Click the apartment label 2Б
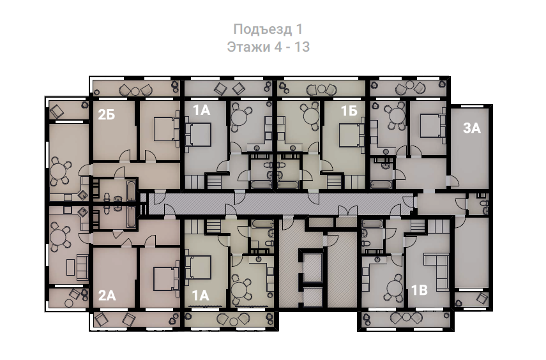pyautogui.click(x=107, y=114)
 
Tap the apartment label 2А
pyautogui.click(x=107, y=296)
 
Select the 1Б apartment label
pyautogui.click(x=349, y=110)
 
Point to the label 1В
pyautogui.click(x=420, y=290)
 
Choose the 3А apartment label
pyautogui.click(x=472, y=128)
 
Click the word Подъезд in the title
pyautogui.click(x=262, y=29)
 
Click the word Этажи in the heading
pyautogui.click(x=248, y=47)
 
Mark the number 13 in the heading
pyautogui.click(x=302, y=47)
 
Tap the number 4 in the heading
pyautogui.click(x=278, y=47)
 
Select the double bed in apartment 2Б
pyautogui.click(x=167, y=129)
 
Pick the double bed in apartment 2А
pyautogui.click(x=167, y=278)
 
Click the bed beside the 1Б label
pyautogui.click(x=350, y=135)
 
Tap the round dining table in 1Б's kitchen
pyautogui.click(x=311, y=116)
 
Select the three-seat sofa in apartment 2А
pyautogui.click(x=82, y=267)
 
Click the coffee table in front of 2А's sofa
pyautogui.click(x=70, y=267)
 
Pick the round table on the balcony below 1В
pyautogui.click(x=406, y=317)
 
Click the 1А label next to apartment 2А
pyautogui.click(x=201, y=296)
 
